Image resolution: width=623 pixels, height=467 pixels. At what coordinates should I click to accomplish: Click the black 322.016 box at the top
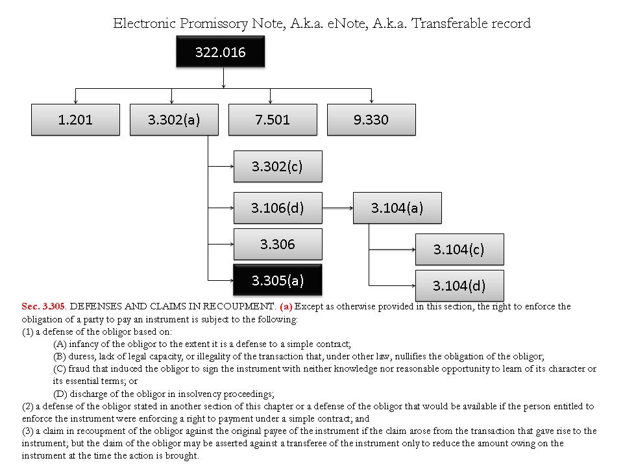pos(221,52)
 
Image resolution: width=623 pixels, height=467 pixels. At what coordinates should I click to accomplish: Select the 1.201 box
pos(75,119)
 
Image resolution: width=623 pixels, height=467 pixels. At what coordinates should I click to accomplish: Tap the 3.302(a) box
pos(174,119)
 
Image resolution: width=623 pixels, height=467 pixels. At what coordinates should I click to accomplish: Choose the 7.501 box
pos(273,119)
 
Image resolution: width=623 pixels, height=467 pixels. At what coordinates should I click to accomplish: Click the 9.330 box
pos(371,119)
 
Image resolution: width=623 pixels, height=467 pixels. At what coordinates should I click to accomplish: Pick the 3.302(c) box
pos(277,166)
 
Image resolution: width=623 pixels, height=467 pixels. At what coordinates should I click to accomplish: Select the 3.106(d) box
pos(277,208)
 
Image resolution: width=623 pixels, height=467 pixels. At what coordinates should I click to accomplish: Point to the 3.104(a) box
pos(397,208)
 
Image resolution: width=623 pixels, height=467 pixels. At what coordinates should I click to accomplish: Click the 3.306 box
pos(277,244)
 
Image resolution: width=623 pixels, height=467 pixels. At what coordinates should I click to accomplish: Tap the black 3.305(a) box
pos(277,280)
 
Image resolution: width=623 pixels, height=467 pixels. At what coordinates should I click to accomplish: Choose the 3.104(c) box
pos(459,250)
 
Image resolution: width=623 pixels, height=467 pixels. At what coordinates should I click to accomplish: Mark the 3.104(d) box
pos(459,285)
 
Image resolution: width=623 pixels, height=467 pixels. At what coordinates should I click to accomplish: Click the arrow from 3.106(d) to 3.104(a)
pos(337,208)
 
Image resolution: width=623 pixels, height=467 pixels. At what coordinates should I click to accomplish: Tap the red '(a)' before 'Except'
pos(286,306)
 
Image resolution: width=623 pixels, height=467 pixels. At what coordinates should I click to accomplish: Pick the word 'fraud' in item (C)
pos(80,368)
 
